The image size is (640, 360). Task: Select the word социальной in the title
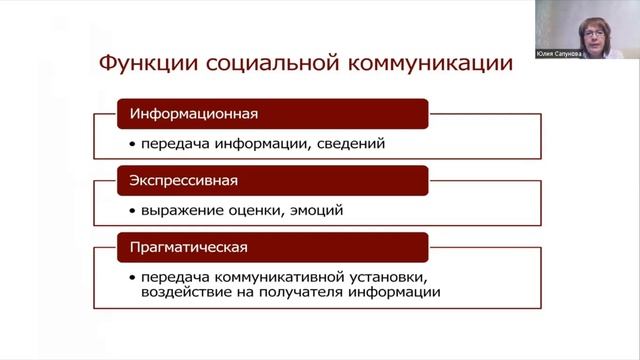coord(261,65)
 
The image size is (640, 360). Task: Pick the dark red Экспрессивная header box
coord(273,181)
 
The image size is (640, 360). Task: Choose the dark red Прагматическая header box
coord(273,247)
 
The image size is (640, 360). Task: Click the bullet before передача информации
coord(131,145)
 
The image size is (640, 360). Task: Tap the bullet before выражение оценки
coord(131,212)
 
